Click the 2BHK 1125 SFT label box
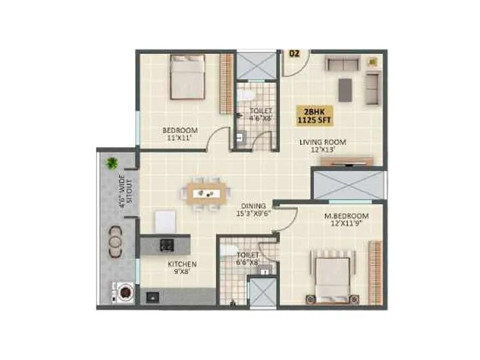(315, 115)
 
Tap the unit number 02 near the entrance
(294, 53)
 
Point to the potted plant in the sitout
(112, 163)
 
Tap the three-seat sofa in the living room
(342, 64)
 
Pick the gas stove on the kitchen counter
(166, 244)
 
